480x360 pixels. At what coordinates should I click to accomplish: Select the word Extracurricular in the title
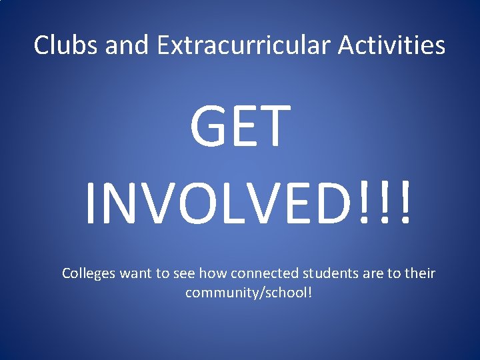pos(244,45)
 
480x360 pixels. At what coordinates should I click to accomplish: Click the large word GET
pos(240,126)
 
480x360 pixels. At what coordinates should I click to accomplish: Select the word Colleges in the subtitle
pos(89,273)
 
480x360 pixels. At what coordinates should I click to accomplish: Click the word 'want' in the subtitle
pos(139,274)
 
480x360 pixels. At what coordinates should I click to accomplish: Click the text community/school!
pos(248,293)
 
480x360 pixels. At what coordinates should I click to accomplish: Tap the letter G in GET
pos(211,126)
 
